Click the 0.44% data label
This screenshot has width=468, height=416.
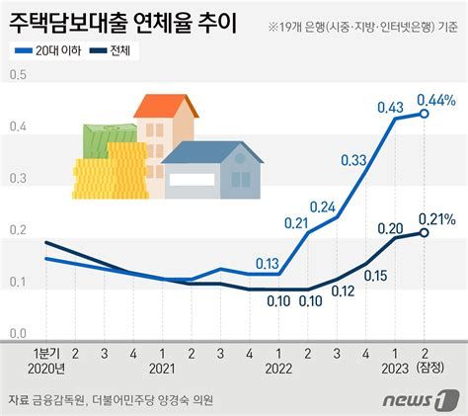coord(435,99)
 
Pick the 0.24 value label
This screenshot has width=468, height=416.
coord(323,206)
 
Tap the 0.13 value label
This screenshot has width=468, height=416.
coord(267,264)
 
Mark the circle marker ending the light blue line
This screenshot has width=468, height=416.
coord(425,114)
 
